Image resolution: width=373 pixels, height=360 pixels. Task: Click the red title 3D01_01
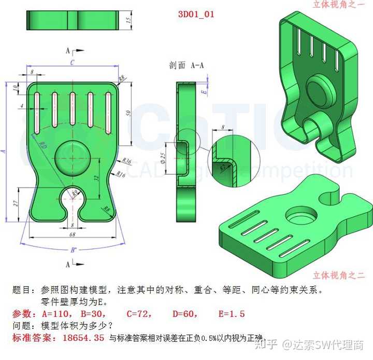196,15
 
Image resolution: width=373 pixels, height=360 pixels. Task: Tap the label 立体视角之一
339,5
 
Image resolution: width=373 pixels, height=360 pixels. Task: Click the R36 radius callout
125,161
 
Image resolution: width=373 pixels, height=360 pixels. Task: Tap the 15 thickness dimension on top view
128,20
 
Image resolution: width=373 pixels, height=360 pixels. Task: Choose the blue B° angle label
74,250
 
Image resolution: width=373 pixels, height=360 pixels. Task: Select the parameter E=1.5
227,314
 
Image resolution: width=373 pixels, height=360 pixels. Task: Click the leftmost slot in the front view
37,109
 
